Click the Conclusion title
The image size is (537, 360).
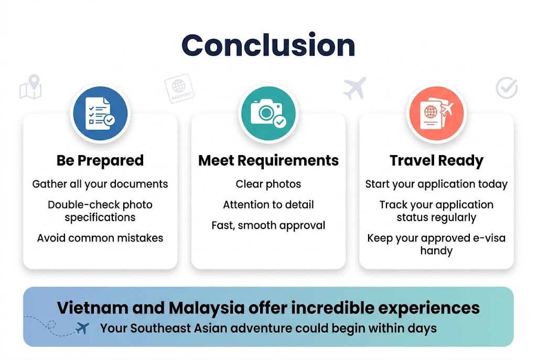[x=268, y=45]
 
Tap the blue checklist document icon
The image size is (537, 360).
[x=100, y=113]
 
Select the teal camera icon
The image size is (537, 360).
[x=268, y=113]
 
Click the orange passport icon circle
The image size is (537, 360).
[x=436, y=113]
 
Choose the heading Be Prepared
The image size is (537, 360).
[x=100, y=160]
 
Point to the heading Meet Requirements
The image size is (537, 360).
[x=268, y=160]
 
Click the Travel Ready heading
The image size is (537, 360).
[x=436, y=160]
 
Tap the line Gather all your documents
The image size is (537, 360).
[x=100, y=184]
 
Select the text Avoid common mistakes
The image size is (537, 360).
[x=100, y=238]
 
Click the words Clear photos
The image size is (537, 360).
[x=268, y=184]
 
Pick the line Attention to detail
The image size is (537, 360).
[x=268, y=205]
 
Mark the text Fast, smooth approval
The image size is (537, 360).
[x=268, y=226]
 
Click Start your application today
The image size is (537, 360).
[x=436, y=184]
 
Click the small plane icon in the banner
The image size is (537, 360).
[x=82, y=329]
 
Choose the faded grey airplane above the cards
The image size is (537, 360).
[x=355, y=88]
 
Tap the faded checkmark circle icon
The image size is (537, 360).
[x=507, y=88]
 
